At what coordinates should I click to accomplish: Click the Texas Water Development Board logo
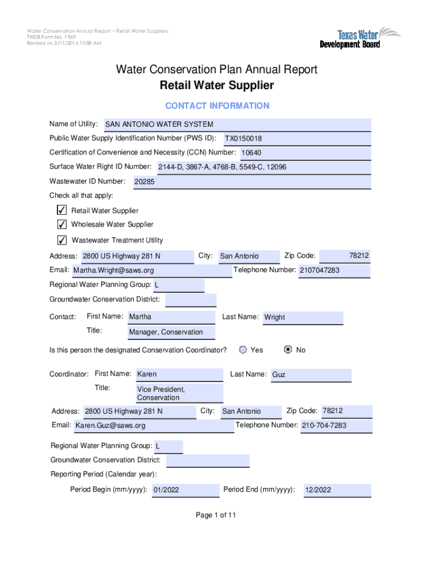click(360, 37)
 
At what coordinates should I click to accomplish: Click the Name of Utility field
click(237, 125)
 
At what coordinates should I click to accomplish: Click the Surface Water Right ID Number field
click(263, 167)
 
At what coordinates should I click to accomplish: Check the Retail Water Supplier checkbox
click(62, 210)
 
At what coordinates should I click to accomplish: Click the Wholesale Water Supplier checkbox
click(62, 224)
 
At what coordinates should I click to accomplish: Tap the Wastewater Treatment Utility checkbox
click(62, 240)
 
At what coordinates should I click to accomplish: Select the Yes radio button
click(243, 350)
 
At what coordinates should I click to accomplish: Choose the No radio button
click(288, 350)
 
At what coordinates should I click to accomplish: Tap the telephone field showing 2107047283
click(334, 270)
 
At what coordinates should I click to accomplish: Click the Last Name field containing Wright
click(303, 317)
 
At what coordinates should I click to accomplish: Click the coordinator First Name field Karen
click(179, 374)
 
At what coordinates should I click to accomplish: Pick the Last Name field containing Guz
click(311, 375)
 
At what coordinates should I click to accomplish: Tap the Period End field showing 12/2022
click(337, 490)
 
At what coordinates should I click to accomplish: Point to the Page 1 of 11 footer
click(216, 515)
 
